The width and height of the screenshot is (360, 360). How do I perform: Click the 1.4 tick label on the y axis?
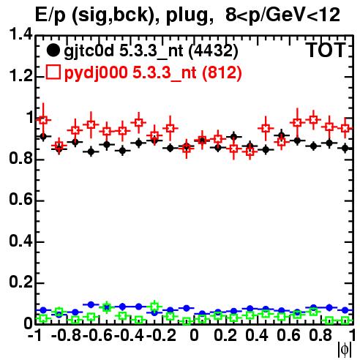(20, 34)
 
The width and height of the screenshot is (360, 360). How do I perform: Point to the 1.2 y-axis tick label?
(20, 75)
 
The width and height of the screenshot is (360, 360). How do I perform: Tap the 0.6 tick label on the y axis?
(20, 199)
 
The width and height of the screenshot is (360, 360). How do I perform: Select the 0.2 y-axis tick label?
(20, 282)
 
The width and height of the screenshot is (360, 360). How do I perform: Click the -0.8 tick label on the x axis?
(67, 335)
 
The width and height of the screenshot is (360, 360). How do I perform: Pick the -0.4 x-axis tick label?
(129, 335)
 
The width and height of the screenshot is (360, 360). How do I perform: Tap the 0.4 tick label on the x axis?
(257, 335)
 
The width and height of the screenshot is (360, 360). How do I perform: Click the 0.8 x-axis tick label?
(320, 335)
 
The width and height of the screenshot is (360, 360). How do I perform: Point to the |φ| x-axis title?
(345, 350)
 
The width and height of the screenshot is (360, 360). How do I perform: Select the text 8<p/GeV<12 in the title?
(282, 15)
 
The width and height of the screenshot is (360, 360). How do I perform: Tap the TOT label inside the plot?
(326, 50)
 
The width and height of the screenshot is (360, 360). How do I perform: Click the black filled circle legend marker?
(53, 50)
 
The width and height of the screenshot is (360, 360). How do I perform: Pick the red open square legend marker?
(53, 72)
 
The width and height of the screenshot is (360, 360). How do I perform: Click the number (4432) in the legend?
(214, 51)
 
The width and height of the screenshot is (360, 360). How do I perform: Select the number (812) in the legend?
(222, 73)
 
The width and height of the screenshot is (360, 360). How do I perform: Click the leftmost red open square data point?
(43, 120)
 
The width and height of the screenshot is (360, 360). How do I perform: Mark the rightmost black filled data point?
(345, 148)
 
